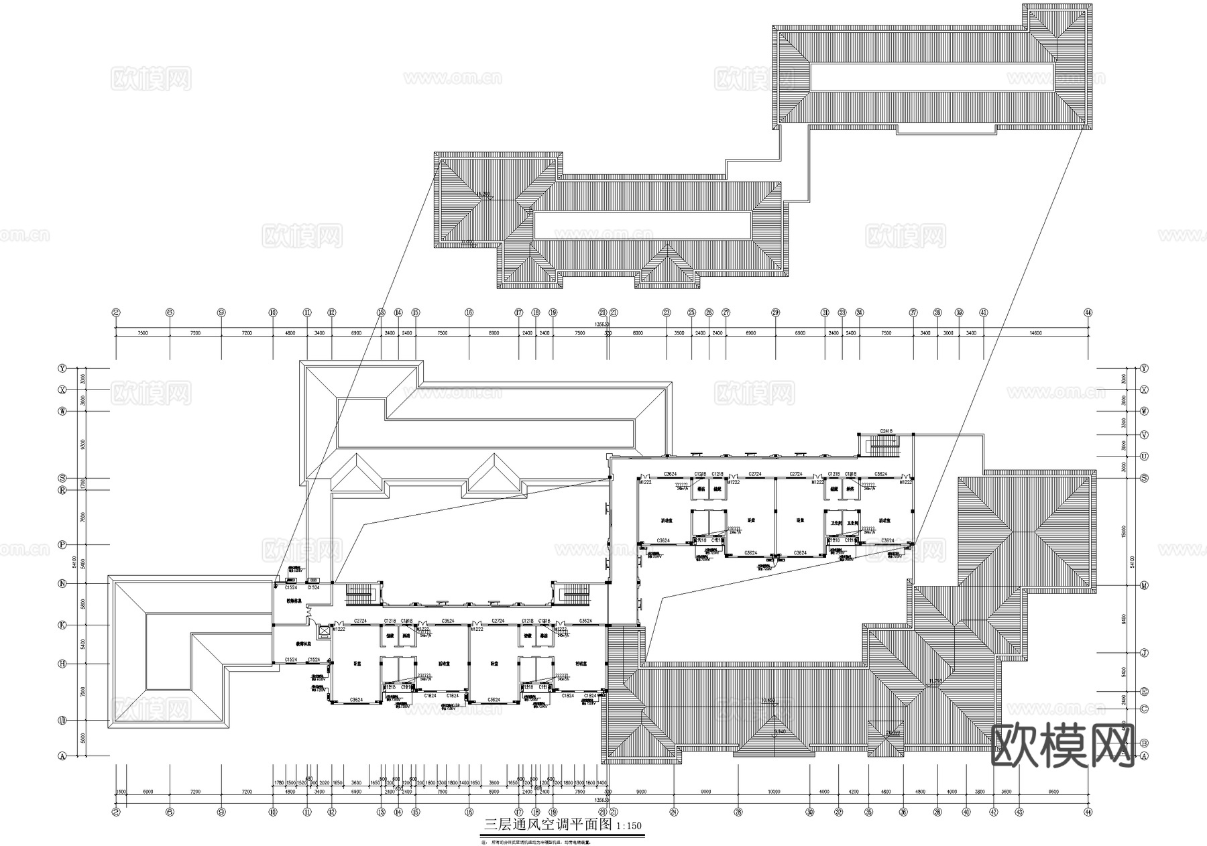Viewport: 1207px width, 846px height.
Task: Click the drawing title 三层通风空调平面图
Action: [548, 825]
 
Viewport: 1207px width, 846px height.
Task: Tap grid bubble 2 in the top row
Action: [116, 312]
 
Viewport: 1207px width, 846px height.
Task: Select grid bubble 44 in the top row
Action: [1088, 312]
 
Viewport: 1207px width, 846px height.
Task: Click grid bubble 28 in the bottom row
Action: [738, 812]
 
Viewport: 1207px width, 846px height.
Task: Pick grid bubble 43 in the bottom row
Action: [1019, 812]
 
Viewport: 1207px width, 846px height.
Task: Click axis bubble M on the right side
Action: [1144, 585]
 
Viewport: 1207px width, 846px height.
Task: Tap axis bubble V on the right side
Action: [1144, 434]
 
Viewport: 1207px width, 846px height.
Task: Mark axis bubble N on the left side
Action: [62, 584]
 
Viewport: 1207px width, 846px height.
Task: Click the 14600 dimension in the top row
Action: [1035, 333]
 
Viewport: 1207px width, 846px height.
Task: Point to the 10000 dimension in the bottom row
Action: [774, 792]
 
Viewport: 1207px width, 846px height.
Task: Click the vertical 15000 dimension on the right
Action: [1123, 531]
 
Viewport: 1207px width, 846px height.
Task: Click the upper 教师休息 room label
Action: [293, 601]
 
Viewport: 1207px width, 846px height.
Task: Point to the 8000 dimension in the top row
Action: [638, 333]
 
